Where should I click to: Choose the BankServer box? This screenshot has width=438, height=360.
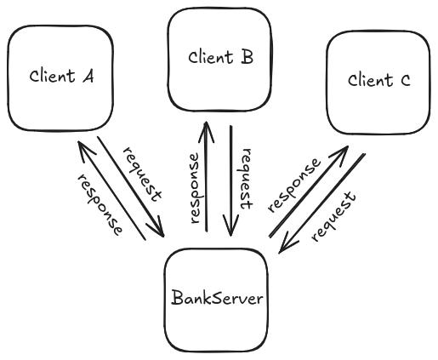coord(216,299)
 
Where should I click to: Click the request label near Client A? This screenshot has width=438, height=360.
coord(142,173)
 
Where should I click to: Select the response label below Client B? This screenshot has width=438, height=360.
coord(195,187)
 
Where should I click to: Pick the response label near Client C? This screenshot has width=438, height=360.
coord(293,184)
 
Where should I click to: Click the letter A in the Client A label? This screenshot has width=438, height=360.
coord(87,75)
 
